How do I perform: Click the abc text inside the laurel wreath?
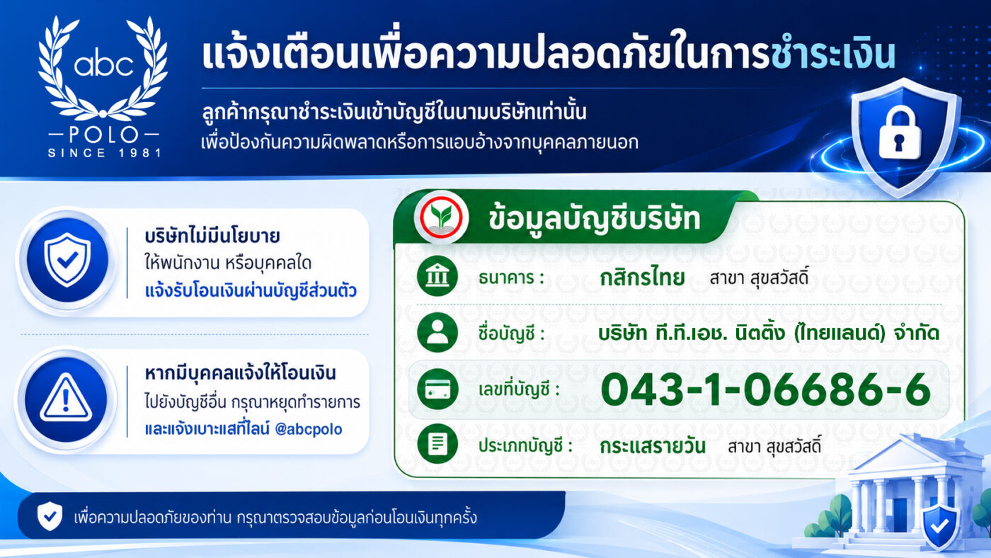[x=103, y=65]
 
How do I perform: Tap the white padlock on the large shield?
[x=900, y=134]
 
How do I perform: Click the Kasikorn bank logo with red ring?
[x=440, y=217]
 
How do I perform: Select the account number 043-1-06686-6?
[x=766, y=389]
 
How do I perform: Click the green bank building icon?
[x=437, y=276]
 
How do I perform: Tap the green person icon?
[x=437, y=333]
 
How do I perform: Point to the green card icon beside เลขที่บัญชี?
[x=437, y=389]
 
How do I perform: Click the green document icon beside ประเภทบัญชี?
[x=437, y=444]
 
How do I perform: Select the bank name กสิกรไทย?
[x=642, y=278]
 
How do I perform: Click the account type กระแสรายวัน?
[x=653, y=446]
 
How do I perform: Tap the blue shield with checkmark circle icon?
[x=67, y=260]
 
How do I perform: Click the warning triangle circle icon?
[x=66, y=399]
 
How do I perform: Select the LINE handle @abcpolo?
[x=309, y=429]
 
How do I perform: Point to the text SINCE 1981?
[x=105, y=153]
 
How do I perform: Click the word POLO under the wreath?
[x=103, y=134]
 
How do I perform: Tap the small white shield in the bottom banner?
[x=50, y=516]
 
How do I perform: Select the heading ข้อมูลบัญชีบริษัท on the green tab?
[x=594, y=219]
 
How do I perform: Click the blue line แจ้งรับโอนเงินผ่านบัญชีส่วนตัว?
[x=251, y=291]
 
